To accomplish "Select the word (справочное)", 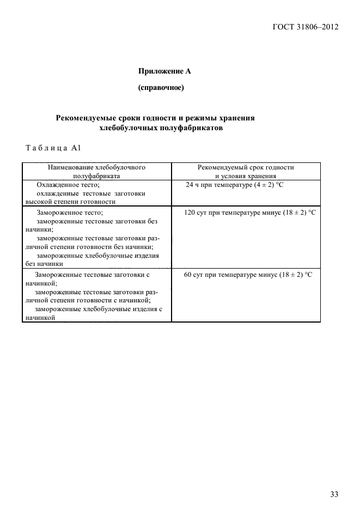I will click(x=161, y=88).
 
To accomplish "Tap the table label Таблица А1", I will click(x=53, y=148).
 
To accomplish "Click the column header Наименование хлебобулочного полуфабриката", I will click(x=96, y=171).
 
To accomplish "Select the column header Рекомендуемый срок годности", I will click(x=246, y=167).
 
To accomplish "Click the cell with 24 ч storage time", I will click(x=235, y=185).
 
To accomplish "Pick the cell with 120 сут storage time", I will click(x=250, y=212).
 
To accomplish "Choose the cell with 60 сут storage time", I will click(x=248, y=275).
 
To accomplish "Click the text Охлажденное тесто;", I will click(x=68, y=185).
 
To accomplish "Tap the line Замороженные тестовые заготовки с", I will click(x=91, y=275).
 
